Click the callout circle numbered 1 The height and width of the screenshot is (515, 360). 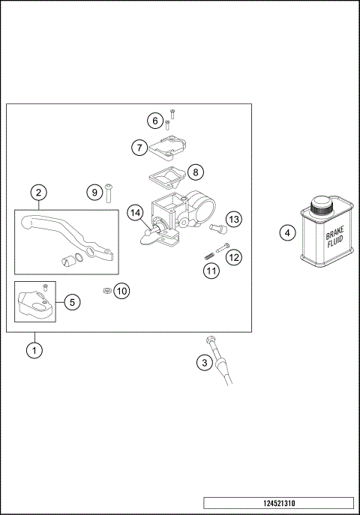(x=33, y=349)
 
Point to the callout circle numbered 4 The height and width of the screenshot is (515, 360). (x=287, y=232)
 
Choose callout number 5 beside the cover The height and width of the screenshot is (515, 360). (x=71, y=302)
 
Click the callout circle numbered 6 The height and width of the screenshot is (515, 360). (x=155, y=121)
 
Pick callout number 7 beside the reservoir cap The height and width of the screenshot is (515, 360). (x=139, y=148)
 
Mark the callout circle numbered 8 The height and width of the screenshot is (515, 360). (x=194, y=172)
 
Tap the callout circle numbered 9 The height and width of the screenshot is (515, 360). (x=94, y=193)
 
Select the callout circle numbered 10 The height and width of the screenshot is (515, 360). (x=121, y=290)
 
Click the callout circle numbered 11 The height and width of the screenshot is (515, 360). (x=211, y=271)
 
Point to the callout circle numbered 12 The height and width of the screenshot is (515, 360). (x=234, y=257)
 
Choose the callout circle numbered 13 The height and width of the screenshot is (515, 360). (x=234, y=219)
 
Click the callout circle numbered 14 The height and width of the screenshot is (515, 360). (x=135, y=214)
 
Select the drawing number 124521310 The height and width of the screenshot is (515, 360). (x=278, y=503)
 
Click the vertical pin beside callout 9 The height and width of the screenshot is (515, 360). (x=108, y=193)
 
